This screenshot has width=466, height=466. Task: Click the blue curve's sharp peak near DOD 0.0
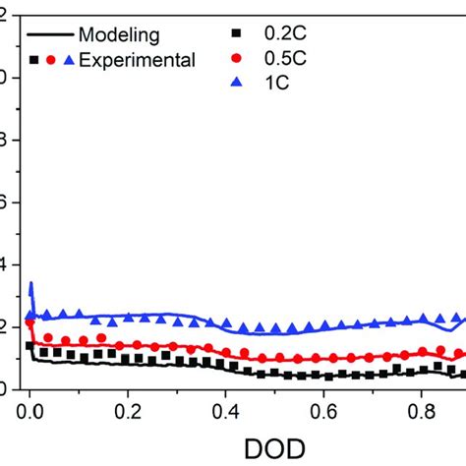pos(31,284)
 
